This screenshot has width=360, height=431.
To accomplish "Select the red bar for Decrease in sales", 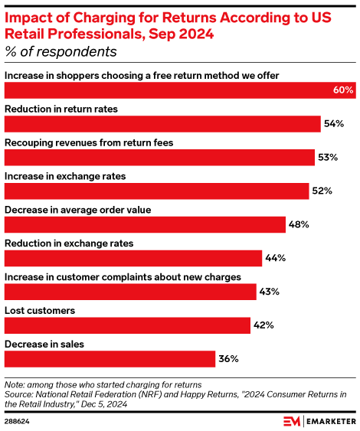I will (x=110, y=359).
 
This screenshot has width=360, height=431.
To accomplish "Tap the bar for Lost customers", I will (x=127, y=325).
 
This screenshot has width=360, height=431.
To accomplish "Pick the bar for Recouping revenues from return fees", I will (x=159, y=157).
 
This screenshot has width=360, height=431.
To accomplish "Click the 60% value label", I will (x=343, y=90).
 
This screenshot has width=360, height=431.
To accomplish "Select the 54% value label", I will (x=333, y=123).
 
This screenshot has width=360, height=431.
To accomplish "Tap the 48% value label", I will (x=298, y=224).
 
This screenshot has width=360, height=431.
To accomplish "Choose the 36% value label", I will (x=228, y=359).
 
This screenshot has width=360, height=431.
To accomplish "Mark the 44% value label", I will (x=274, y=258).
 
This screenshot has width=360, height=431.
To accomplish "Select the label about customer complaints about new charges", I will (x=123, y=277).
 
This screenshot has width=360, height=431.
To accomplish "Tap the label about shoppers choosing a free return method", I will (x=142, y=75).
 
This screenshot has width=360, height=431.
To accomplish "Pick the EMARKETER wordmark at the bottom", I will (x=326, y=420).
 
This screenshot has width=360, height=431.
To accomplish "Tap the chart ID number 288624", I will (x=17, y=420).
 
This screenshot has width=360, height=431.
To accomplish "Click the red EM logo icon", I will (x=291, y=420).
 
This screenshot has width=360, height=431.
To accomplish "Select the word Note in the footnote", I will (x=15, y=384).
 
